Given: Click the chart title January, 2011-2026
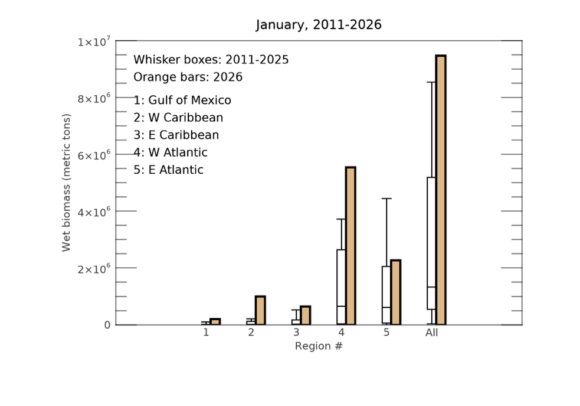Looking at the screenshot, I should tap(319, 25).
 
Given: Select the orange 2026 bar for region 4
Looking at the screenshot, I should tap(350, 246).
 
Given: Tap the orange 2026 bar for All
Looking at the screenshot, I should tap(440, 190).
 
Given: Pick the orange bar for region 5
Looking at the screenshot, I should tap(395, 292).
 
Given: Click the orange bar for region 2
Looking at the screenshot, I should tap(260, 310).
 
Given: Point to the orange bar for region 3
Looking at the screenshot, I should tap(305, 315).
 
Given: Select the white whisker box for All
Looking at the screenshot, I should tap(431, 243).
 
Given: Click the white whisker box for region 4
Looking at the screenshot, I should tap(341, 287).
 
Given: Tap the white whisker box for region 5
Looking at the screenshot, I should tap(386, 294).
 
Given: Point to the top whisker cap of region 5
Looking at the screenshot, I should tap(386, 199).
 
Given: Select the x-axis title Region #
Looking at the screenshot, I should tap(319, 346).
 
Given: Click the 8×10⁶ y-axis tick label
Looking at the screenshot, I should tap(93, 98).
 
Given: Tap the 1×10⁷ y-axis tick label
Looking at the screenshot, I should tap(93, 42).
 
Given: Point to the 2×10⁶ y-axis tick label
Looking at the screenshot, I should tap(93, 269).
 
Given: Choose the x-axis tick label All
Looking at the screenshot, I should tap(432, 333).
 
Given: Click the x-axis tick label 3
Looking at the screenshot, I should tap(296, 333).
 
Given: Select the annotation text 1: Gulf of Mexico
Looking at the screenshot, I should tap(182, 100).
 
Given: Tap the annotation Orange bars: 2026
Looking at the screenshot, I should tap(188, 77).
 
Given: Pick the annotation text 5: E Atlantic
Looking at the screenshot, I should tap(168, 170).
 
